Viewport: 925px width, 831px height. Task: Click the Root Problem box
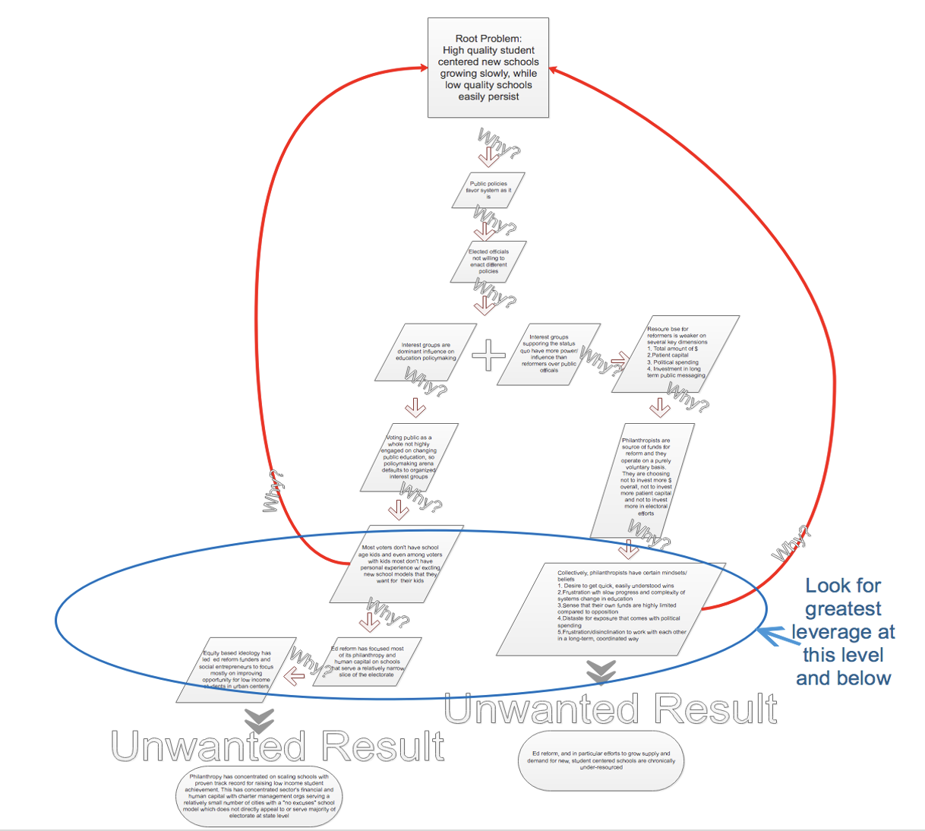pyautogui.click(x=488, y=68)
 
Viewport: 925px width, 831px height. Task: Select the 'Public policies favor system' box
pyautogui.click(x=488, y=190)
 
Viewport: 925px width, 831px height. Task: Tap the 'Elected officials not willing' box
pyautogui.click(x=488, y=261)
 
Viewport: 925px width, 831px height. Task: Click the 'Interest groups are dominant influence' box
pyautogui.click(x=425, y=352)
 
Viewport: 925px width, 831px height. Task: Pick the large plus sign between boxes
pyautogui.click(x=488, y=355)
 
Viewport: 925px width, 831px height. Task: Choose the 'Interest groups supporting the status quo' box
pyautogui.click(x=549, y=354)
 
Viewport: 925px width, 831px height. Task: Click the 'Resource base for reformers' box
pyautogui.click(x=675, y=354)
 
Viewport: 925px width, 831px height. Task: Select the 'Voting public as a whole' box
pyautogui.click(x=409, y=457)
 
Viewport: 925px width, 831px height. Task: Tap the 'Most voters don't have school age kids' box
pyautogui.click(x=399, y=564)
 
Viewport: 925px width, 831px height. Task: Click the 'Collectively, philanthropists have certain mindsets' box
pyautogui.click(x=611, y=608)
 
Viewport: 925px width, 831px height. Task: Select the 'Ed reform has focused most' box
pyautogui.click(x=367, y=662)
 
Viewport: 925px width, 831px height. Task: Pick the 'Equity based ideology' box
pyautogui.click(x=235, y=669)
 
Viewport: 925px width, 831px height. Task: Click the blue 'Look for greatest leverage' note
pyautogui.click(x=843, y=632)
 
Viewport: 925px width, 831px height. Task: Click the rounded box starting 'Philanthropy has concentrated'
pyautogui.click(x=260, y=797)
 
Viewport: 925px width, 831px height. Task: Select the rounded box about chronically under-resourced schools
pyautogui.click(x=601, y=760)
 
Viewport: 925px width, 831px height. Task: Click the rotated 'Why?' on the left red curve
pyautogui.click(x=273, y=491)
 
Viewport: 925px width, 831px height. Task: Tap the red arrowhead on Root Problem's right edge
pyautogui.click(x=553, y=70)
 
